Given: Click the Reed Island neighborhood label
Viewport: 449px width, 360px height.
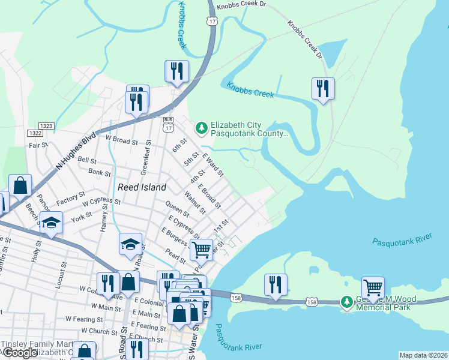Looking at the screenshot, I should (142, 187).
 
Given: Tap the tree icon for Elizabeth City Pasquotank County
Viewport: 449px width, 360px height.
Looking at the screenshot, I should (202, 127).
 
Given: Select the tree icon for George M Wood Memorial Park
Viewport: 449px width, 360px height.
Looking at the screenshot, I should (347, 301).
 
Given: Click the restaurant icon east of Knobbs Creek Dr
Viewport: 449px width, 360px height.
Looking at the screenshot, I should (323, 89).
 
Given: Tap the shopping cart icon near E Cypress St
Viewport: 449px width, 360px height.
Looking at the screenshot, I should (202, 249).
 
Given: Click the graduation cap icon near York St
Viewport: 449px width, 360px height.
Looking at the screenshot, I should (52, 223).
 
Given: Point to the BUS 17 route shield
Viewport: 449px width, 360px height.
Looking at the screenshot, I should (169, 124).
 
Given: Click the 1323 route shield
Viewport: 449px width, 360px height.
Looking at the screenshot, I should (47, 126).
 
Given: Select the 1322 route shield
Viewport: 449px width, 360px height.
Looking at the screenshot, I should (35, 133).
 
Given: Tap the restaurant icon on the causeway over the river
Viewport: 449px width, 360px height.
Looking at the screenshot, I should (276, 284).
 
